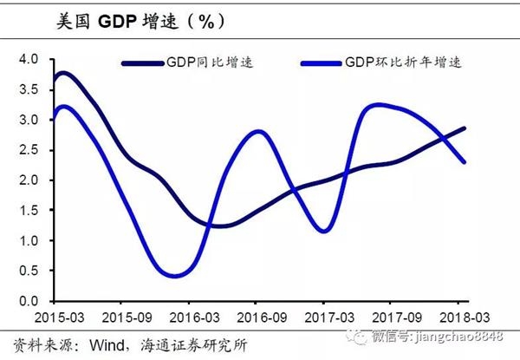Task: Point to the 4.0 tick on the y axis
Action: [x=29, y=59]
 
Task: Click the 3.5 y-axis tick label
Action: [x=29, y=89]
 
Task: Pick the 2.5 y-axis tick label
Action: [x=29, y=150]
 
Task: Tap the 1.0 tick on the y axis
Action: [x=29, y=241]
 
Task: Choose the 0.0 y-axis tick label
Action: [x=29, y=301]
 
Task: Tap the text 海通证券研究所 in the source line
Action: [x=189, y=341]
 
